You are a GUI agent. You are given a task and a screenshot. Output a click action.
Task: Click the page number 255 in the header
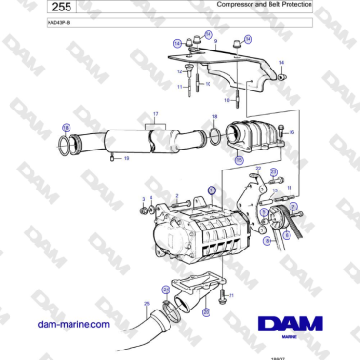point(35,8)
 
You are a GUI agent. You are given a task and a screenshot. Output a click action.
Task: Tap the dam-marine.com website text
point(75,324)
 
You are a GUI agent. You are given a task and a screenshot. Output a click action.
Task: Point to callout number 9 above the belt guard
point(215,43)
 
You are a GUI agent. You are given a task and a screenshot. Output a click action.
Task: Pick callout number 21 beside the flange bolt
point(231,295)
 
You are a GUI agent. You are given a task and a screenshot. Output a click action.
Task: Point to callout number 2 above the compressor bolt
point(176,195)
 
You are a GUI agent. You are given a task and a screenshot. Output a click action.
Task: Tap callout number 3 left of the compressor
point(143,199)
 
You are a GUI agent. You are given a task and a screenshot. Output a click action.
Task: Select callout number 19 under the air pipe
point(127,158)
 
